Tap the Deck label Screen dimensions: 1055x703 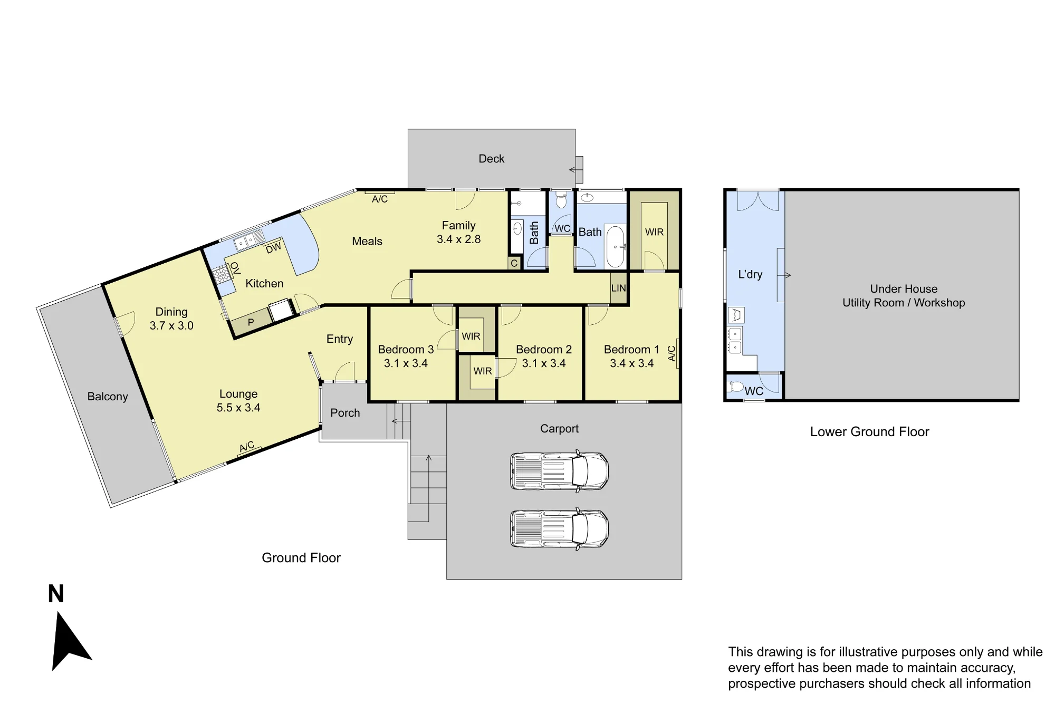coord(491,159)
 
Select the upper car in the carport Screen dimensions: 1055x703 coord(559,471)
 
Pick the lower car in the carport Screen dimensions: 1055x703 coord(559,529)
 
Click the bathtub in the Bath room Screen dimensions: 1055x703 coord(615,247)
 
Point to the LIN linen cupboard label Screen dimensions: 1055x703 coord(618,288)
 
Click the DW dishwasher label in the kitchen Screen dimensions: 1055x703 coord(273,248)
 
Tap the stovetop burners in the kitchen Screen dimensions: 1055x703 coord(221,273)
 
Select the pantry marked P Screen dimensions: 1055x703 coord(251,322)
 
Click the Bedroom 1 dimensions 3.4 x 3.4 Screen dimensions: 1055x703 coord(631,363)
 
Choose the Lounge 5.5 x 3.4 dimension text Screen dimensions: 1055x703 coord(238,408)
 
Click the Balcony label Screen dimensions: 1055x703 coord(108,397)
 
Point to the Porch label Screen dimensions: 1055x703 coord(345,413)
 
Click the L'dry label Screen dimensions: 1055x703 coord(750,274)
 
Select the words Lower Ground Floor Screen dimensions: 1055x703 coord(869,432)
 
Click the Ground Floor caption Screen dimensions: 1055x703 coord(301,558)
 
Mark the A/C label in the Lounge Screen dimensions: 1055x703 coord(247,447)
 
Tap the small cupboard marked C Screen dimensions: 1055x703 coord(514,263)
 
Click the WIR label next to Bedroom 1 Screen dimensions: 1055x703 coord(654,232)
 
